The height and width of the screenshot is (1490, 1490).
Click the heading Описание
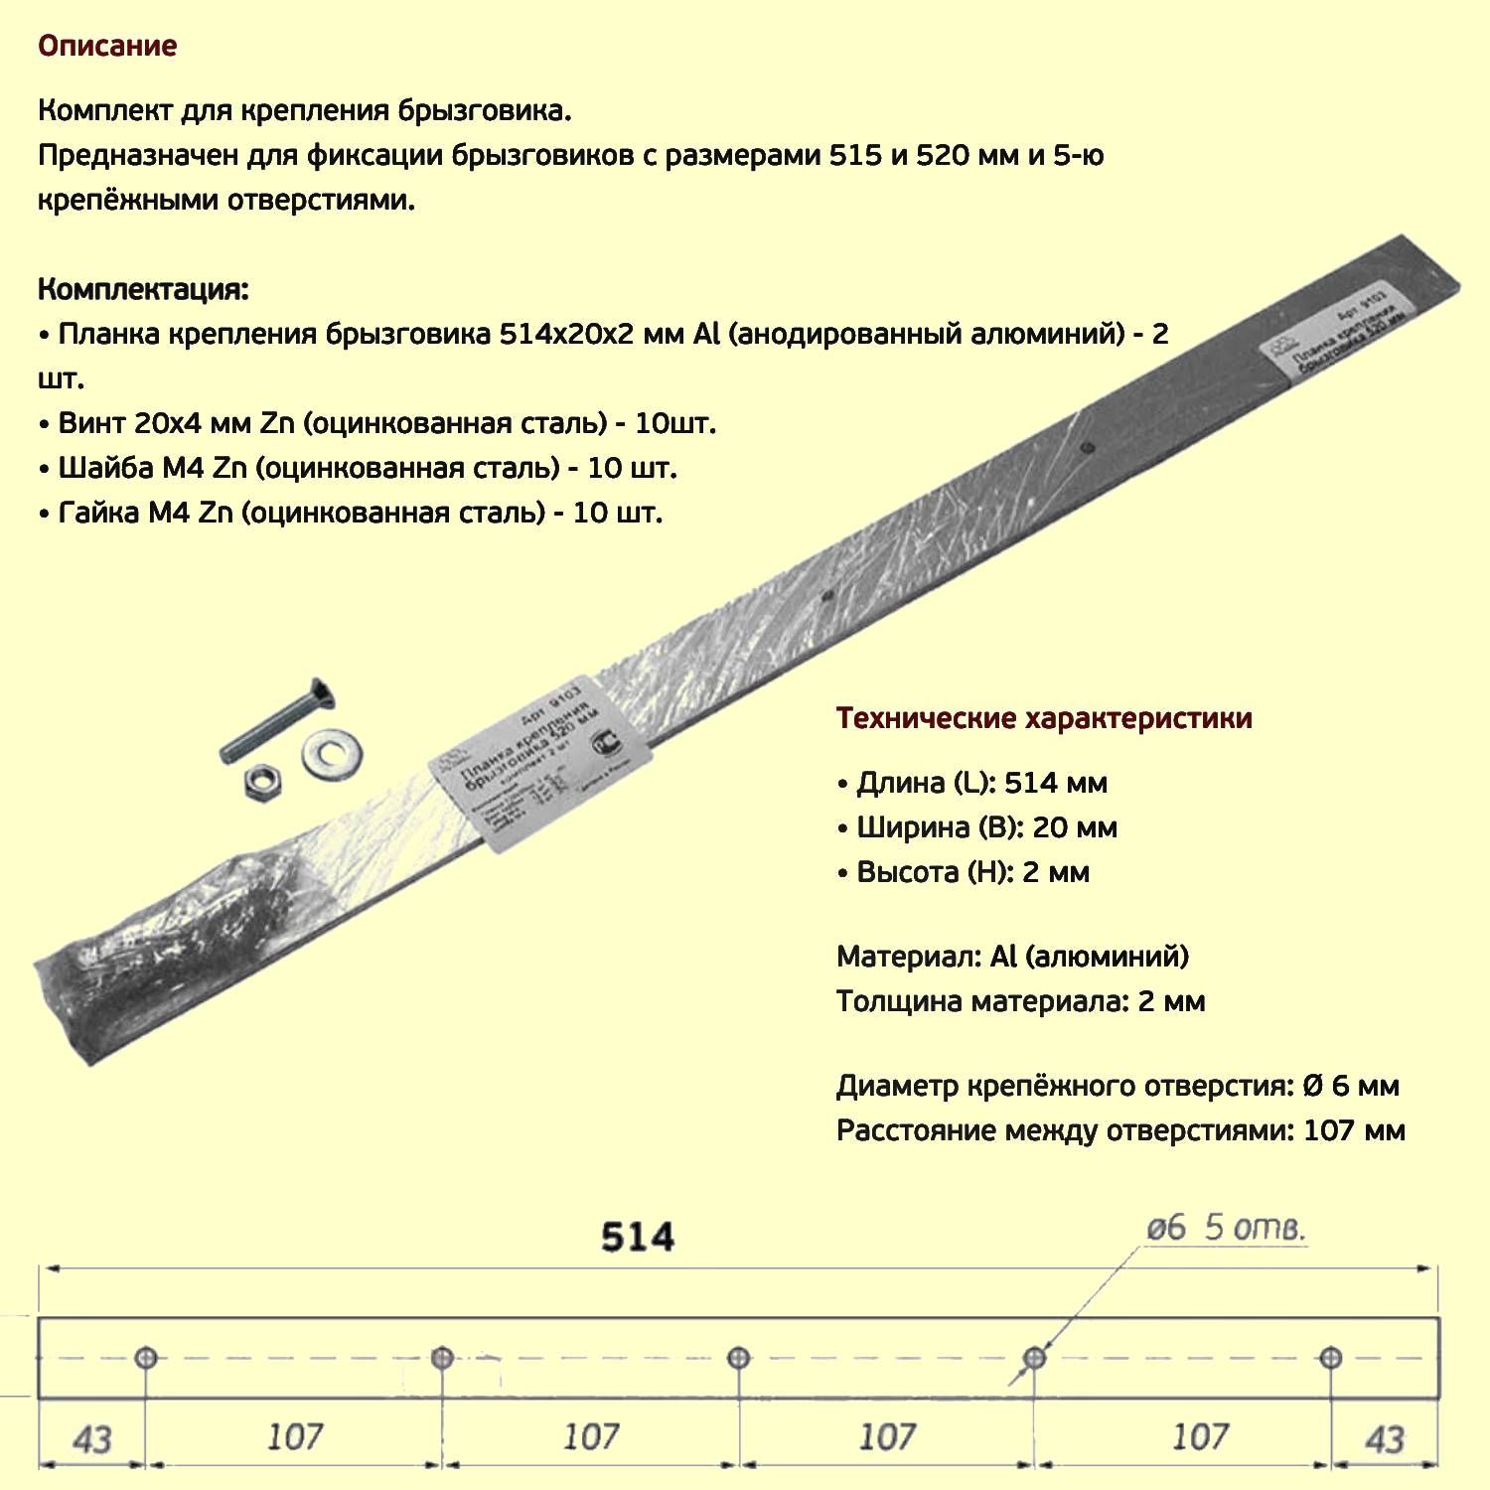pos(107,47)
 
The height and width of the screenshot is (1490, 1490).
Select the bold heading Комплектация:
pos(143,290)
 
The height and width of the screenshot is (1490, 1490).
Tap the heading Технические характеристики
pos(1043,718)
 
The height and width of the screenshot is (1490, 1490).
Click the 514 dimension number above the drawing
pos(638,1238)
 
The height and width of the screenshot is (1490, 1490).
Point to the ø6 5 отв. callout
pos(1225,1229)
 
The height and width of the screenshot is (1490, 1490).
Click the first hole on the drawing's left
pos(146,1358)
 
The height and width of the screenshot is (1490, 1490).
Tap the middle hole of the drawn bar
pos(738,1358)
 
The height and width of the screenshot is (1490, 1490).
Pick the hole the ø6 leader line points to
pos(1034,1358)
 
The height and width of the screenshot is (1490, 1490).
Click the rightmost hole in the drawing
pos(1331,1358)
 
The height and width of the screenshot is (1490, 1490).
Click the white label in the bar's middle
pos(540,765)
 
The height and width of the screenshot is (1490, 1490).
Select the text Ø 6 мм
pos(1350,1086)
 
